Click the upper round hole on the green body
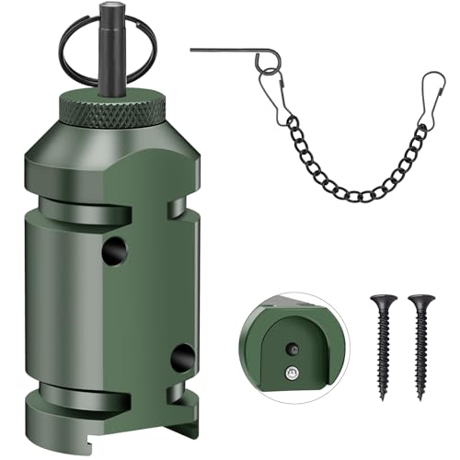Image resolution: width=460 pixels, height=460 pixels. click(113, 250)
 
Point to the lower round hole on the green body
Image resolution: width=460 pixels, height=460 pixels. click(182, 357)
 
